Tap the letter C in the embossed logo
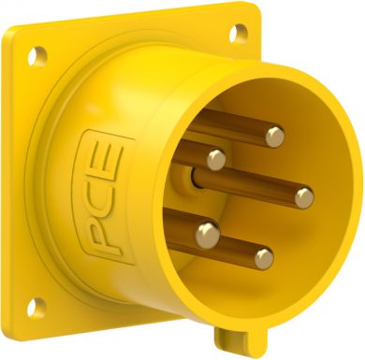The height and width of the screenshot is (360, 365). [104, 197]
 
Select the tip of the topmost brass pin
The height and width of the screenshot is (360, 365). [273, 137]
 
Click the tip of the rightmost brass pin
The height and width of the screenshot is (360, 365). [303, 196]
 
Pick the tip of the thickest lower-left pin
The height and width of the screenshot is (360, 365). [208, 230]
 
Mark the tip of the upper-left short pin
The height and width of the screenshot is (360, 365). [216, 157]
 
